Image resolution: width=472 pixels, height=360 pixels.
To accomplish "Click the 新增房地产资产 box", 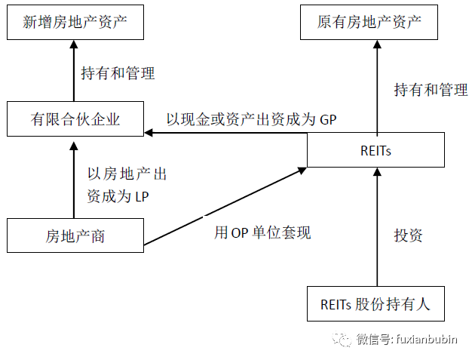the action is click(75, 23).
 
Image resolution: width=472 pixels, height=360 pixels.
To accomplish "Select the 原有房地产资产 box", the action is click(369, 23).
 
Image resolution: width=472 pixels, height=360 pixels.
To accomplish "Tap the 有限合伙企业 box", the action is click(75, 119).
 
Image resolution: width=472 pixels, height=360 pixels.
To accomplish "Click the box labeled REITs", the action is click(375, 150).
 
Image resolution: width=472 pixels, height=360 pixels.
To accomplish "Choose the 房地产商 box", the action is click(75, 235).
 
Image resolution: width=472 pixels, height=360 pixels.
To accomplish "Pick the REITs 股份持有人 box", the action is click(375, 303).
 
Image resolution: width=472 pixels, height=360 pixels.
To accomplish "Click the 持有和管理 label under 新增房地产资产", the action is click(118, 73).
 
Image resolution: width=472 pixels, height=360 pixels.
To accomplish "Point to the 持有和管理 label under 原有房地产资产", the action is click(431, 90).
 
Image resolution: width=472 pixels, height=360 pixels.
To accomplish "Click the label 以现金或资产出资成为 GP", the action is click(251, 119).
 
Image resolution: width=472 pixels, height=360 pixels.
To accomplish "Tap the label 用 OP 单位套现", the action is click(262, 232).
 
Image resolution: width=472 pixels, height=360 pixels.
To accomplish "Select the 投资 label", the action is click(408, 235).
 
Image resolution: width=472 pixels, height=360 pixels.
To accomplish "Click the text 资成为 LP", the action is click(118, 197).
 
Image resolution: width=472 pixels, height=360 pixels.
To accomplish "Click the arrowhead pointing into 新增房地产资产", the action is click(74, 45).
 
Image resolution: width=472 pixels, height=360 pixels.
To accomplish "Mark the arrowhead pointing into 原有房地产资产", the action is click(377, 45).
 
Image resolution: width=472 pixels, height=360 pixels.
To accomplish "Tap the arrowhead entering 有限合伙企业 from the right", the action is click(149, 133).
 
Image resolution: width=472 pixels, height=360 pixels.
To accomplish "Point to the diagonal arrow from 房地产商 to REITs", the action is click(225, 206).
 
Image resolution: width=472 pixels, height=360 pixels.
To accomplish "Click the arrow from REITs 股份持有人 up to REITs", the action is click(377, 227).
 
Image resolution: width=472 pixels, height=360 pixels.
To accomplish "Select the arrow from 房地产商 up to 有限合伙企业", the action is click(74, 180).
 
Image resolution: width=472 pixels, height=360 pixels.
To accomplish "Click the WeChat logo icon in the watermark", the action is click(342, 339).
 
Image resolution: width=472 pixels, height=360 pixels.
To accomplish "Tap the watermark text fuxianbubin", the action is click(427, 339).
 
